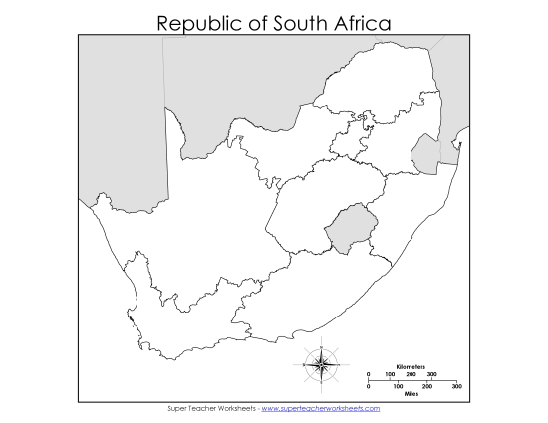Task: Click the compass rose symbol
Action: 322,363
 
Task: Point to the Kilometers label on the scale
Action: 410,367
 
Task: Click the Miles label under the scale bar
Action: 410,393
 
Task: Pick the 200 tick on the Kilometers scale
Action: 411,375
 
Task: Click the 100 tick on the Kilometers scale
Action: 390,375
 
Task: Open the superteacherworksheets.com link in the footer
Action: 321,408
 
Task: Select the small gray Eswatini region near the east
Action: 424,154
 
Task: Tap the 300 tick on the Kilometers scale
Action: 431,375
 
